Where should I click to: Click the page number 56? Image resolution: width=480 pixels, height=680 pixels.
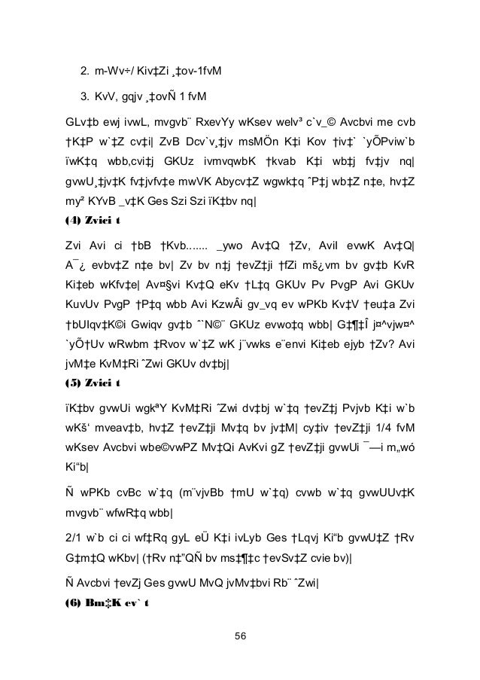click(240, 635)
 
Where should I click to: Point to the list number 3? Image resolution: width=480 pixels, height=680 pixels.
click(84, 97)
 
